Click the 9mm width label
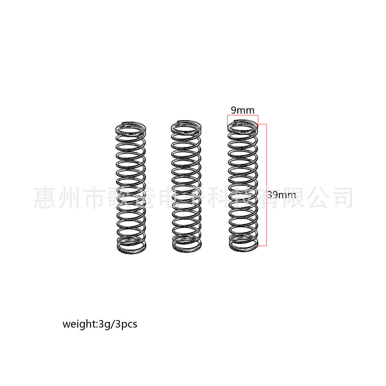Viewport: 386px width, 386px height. point(242,110)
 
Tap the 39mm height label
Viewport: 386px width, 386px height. point(281,195)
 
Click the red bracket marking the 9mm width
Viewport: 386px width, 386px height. point(242,115)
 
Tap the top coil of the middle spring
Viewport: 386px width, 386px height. point(186,126)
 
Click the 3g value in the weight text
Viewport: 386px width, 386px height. point(103,324)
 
